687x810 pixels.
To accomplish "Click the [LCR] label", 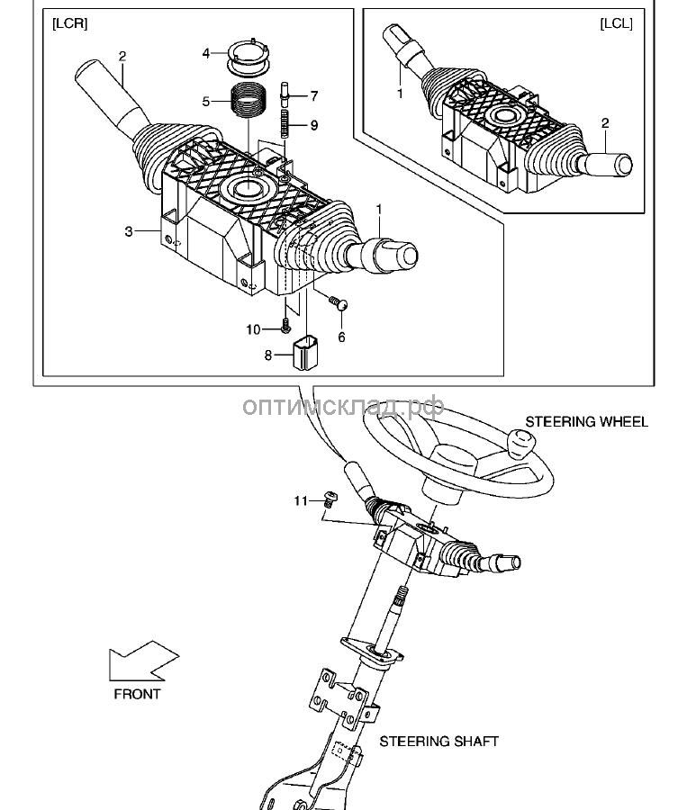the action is coord(70,23).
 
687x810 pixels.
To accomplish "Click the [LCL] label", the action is coord(616,23).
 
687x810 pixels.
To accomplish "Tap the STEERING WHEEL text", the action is coord(587,422).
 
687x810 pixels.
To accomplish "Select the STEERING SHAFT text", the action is coord(438,742).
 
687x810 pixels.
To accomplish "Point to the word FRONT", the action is coord(137,694).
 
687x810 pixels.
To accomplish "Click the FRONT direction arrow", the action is coord(143,661).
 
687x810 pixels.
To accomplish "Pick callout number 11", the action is coord(301,501).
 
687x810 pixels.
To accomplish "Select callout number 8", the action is coord(267,355).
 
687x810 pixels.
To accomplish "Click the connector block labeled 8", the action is coord(305,353).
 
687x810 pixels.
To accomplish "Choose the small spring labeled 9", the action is coord(285,124).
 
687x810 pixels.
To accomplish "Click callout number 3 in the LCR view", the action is coord(129,231).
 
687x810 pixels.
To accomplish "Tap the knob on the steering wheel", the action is coord(520,442).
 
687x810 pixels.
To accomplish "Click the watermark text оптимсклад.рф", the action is coord(343,406).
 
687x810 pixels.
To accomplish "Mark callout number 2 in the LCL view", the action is coord(605,123).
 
